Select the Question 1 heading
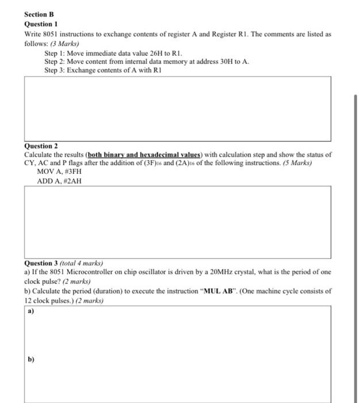click(x=41, y=25)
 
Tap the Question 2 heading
click(x=41, y=146)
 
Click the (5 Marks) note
click(x=296, y=163)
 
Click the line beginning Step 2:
click(x=147, y=61)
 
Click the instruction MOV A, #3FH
click(x=59, y=172)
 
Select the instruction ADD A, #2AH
click(x=59, y=181)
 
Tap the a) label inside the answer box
click(x=30, y=311)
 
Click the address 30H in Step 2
click(x=224, y=61)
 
